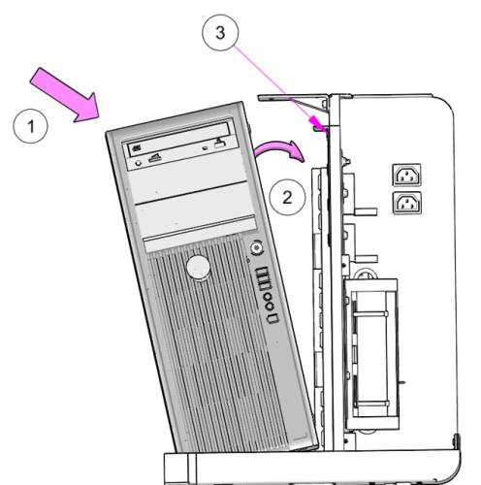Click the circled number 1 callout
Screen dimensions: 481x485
[30, 126]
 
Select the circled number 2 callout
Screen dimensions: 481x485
[287, 197]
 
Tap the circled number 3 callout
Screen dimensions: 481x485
[220, 32]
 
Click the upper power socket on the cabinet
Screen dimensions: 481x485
[406, 175]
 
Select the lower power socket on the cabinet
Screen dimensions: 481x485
[407, 203]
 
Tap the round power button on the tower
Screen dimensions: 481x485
[257, 248]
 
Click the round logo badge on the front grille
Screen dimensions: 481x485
[198, 268]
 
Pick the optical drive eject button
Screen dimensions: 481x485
[219, 144]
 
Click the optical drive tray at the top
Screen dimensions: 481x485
[179, 142]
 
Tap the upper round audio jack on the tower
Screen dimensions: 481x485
[268, 297]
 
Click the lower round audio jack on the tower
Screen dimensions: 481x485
[270, 307]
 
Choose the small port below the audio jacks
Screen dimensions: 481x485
[273, 318]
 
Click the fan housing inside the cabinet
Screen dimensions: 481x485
[371, 354]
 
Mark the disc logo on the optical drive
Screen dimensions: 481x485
[137, 148]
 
